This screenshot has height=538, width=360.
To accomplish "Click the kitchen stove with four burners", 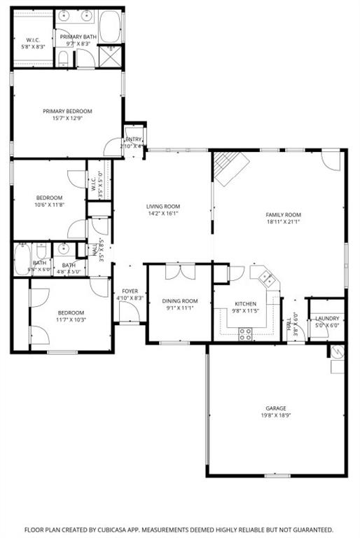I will (x=245, y=333).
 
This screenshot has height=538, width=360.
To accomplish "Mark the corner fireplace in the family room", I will (x=229, y=168).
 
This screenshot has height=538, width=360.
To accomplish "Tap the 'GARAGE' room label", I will (x=275, y=408).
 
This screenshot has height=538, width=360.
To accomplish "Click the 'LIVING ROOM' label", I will (x=163, y=206).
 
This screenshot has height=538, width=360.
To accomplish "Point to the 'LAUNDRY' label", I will (x=327, y=318).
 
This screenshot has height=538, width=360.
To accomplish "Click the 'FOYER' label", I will (x=130, y=291).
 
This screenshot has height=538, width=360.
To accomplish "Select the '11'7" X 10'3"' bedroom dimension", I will (x=71, y=319).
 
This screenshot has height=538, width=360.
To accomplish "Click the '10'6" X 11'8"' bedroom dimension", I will (x=50, y=205).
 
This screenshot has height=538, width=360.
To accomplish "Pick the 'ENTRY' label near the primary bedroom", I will (x=133, y=139).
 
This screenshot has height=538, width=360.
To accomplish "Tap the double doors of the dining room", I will (x=178, y=272).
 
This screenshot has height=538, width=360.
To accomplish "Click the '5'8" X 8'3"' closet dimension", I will (x=32, y=47).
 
